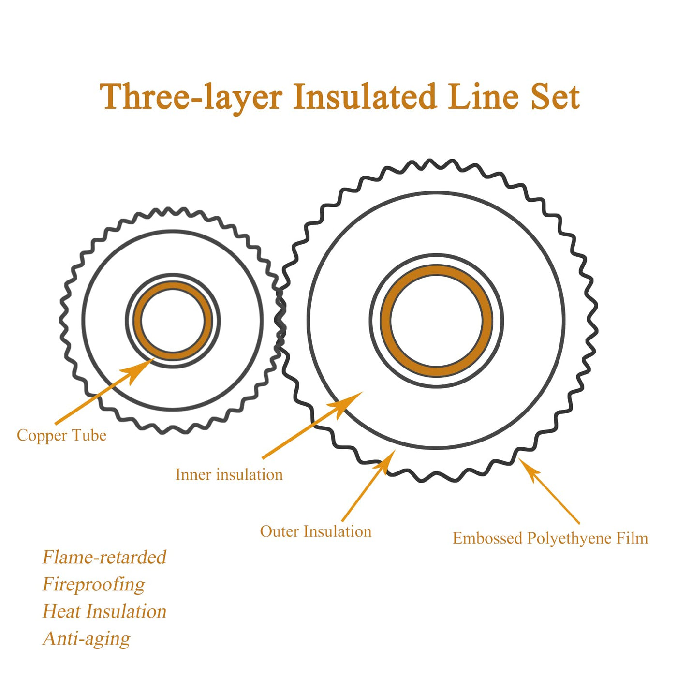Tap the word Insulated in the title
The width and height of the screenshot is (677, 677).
(x=365, y=96)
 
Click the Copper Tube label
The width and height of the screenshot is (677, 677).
(x=61, y=435)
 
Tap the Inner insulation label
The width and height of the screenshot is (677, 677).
(x=229, y=474)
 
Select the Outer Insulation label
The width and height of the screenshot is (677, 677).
(x=316, y=531)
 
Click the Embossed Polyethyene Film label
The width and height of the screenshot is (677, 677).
(x=550, y=538)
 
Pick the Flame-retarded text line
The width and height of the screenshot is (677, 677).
(x=104, y=557)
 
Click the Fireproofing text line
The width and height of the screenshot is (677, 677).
(x=93, y=584)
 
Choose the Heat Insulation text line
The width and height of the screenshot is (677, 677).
(x=104, y=611)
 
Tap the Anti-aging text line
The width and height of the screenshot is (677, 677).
(x=86, y=638)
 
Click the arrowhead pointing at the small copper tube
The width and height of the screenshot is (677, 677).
(x=138, y=370)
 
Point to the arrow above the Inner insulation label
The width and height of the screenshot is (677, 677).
(x=312, y=425)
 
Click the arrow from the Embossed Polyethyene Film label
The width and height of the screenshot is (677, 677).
(x=549, y=491)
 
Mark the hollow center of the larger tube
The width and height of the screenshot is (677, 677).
(x=437, y=321)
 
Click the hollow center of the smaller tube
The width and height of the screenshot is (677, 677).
(x=173, y=321)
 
